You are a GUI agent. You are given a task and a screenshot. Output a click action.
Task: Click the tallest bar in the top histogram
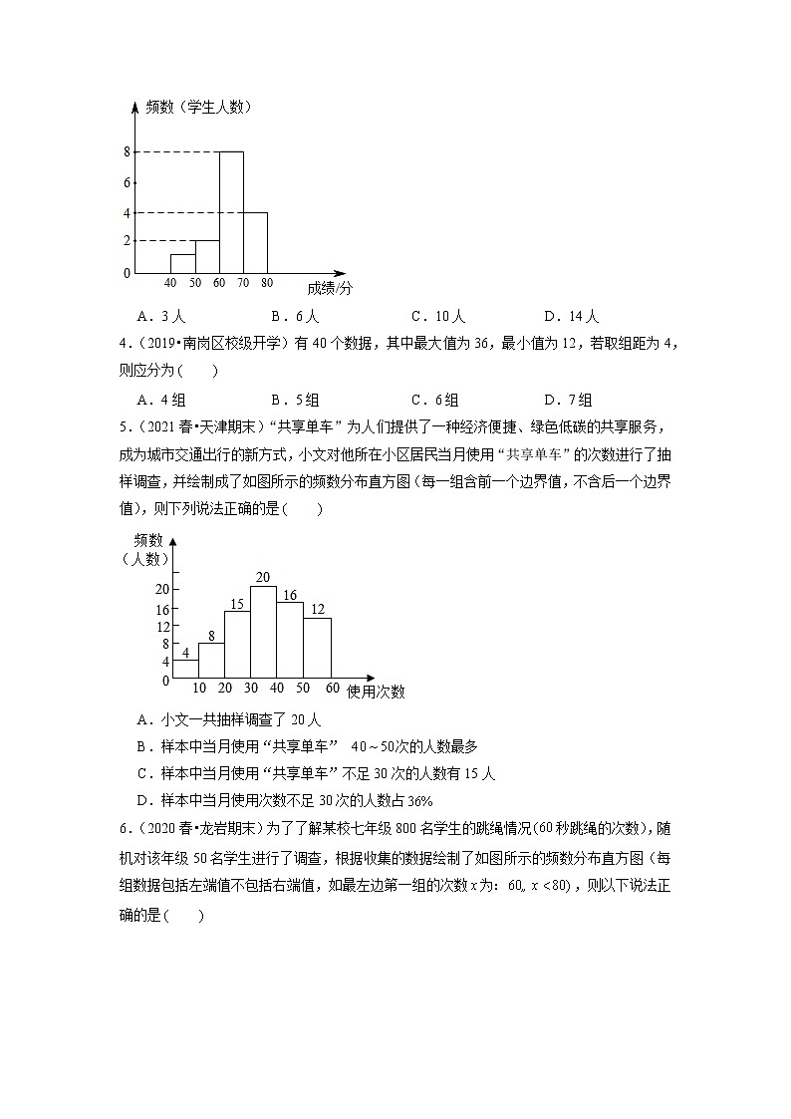[x=231, y=212]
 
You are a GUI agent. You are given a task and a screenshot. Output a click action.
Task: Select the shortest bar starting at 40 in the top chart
[x=181, y=264]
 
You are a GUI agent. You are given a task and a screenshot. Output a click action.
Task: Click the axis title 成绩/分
[x=330, y=288]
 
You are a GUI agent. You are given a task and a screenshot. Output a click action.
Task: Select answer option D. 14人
[x=571, y=317]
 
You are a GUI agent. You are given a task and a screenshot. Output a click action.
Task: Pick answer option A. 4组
[x=161, y=400]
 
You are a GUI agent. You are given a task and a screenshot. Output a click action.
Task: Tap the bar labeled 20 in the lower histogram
[x=263, y=632]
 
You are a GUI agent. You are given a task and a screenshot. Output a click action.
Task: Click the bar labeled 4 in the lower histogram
[x=185, y=669]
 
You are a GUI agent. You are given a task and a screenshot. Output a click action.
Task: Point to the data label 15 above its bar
[x=237, y=604]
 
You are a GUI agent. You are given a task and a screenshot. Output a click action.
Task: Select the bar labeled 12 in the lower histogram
[x=317, y=648]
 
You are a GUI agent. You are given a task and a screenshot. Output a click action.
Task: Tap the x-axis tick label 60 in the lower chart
[x=332, y=689]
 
